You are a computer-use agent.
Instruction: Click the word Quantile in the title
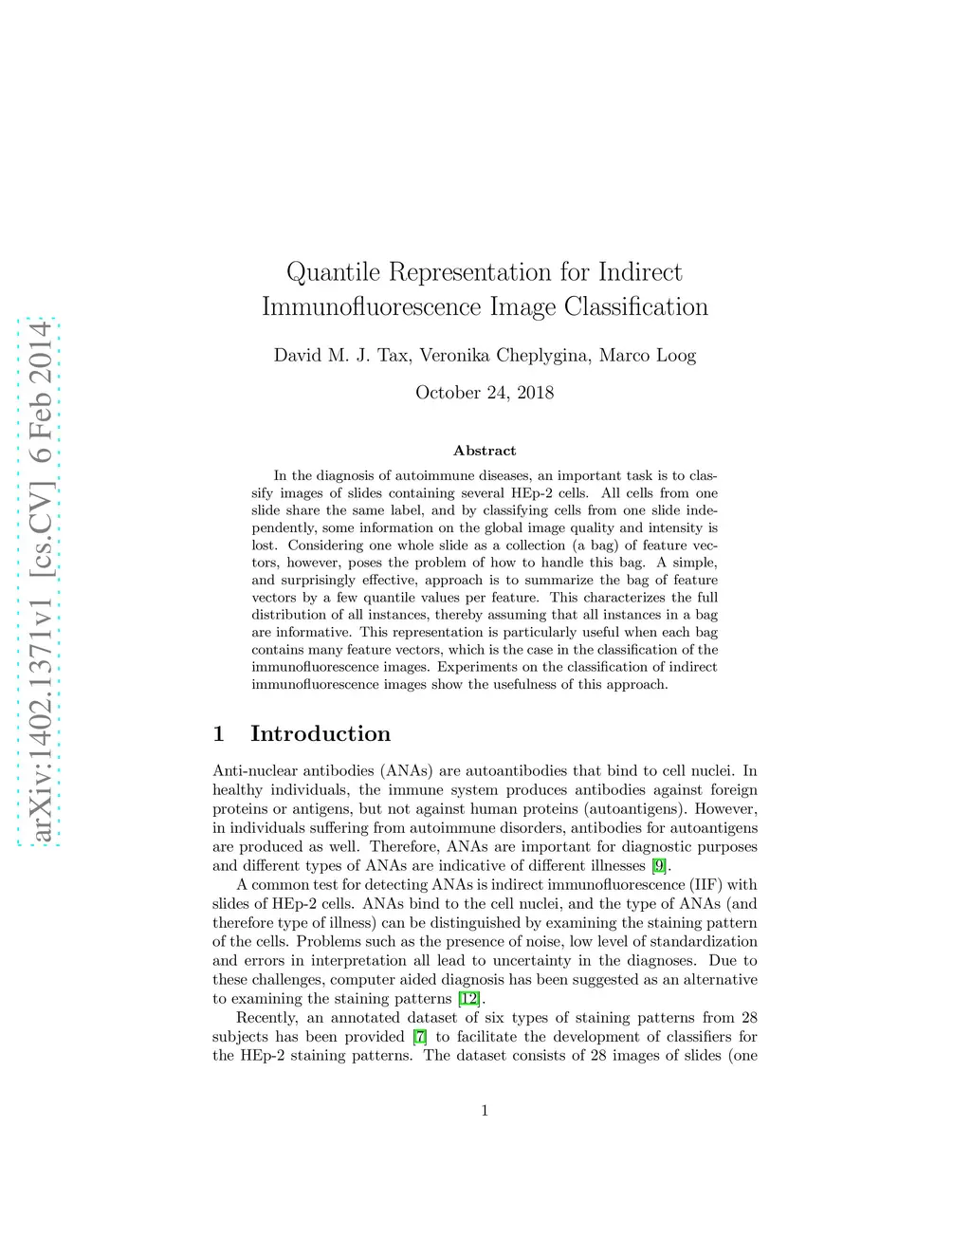(x=333, y=273)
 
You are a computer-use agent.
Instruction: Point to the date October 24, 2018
(x=485, y=393)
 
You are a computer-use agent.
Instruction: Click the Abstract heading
(x=485, y=451)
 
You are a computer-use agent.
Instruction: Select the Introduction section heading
(x=321, y=733)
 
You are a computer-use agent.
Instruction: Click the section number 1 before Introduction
(x=219, y=733)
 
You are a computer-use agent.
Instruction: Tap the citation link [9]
(x=659, y=865)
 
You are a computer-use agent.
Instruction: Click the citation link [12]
(x=468, y=998)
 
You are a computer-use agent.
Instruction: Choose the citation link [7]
(x=419, y=1036)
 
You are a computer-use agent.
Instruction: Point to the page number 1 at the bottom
(x=485, y=1111)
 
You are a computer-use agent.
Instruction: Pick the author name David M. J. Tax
(x=341, y=356)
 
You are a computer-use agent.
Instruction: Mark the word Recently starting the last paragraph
(x=266, y=1017)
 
